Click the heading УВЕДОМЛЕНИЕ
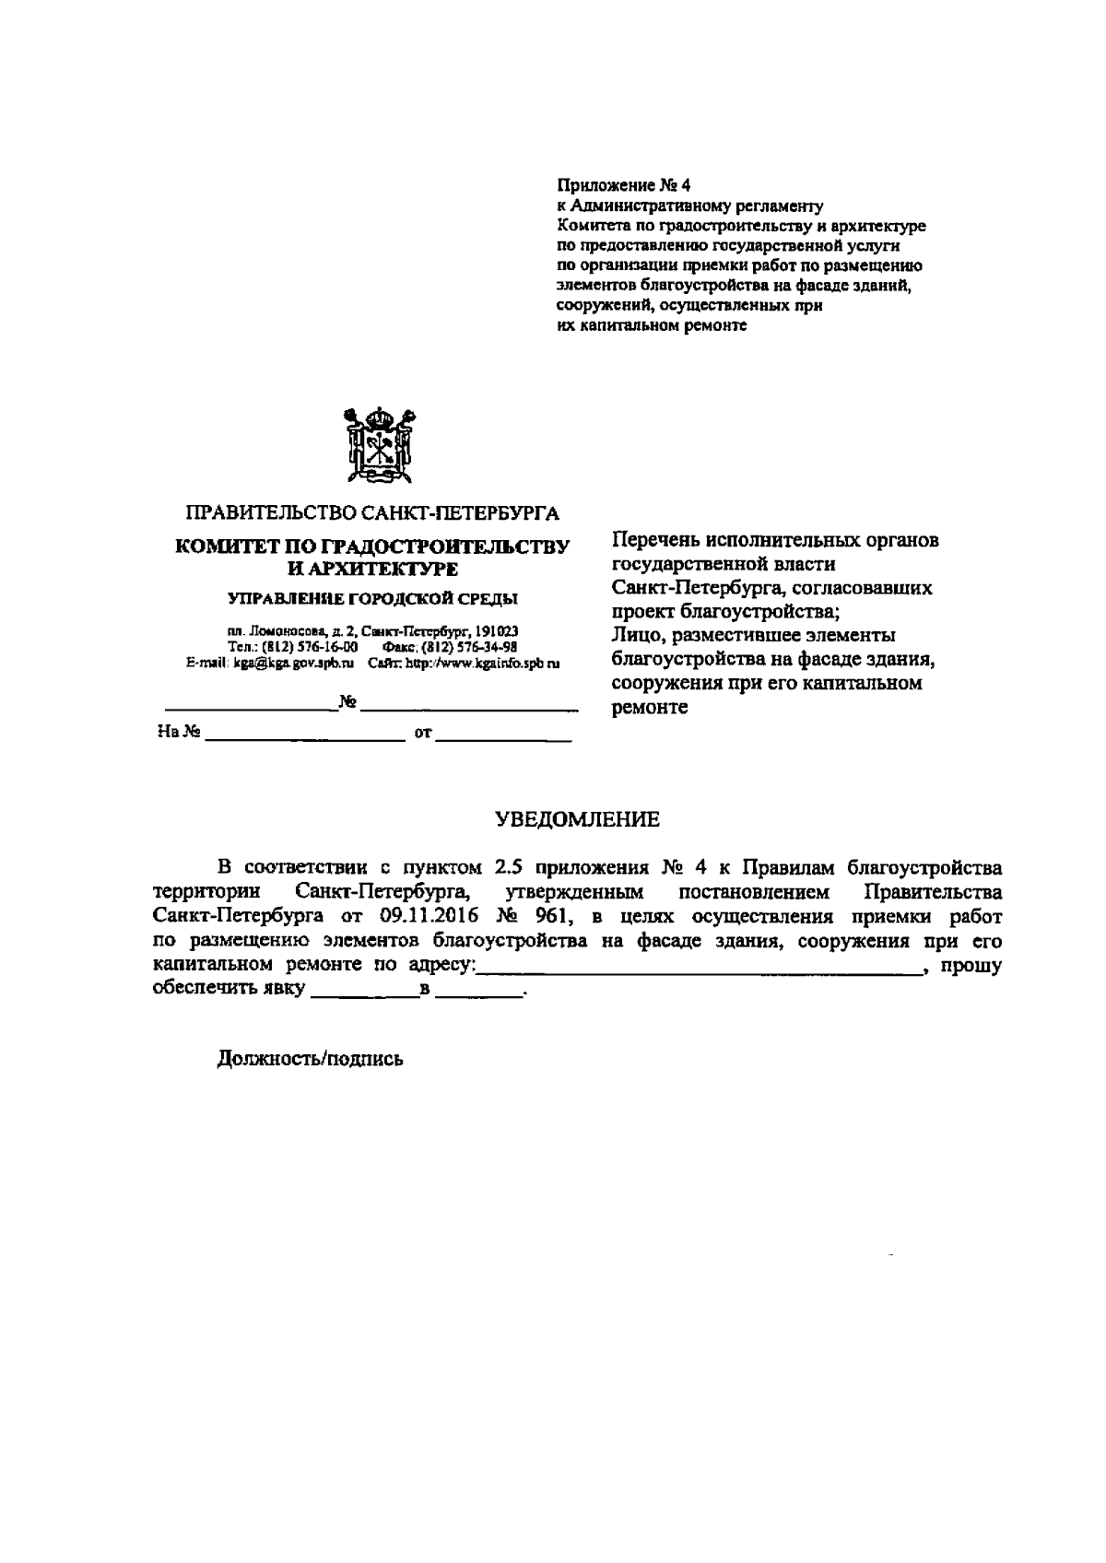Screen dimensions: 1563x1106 [x=578, y=819]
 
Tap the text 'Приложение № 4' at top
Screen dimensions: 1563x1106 [x=624, y=185]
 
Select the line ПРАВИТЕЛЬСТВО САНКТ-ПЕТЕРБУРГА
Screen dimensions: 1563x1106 [x=372, y=512]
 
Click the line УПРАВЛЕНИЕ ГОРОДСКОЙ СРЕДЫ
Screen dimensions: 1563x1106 [x=372, y=599]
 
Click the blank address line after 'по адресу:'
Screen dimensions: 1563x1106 [x=700, y=967]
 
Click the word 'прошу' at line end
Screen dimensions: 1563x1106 [x=974, y=966]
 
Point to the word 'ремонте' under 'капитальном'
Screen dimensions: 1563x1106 [x=650, y=708]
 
